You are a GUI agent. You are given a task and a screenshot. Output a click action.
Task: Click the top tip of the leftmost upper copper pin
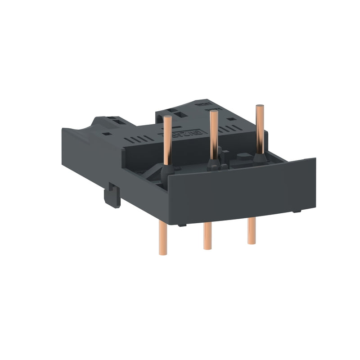(x=167, y=117)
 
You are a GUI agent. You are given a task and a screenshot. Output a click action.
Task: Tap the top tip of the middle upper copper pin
(x=214, y=112)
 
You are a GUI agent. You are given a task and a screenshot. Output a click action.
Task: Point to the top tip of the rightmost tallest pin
(x=260, y=107)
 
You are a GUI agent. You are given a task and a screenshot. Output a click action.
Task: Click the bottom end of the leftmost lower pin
(x=162, y=252)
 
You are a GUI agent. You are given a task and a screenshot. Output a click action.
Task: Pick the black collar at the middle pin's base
(x=213, y=165)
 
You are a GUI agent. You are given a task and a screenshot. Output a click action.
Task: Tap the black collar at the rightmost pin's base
(x=259, y=159)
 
